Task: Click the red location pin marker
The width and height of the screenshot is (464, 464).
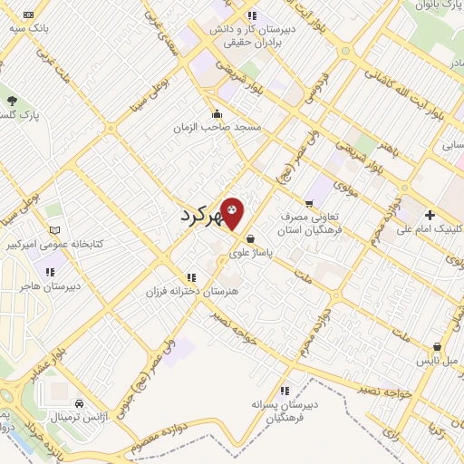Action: pos(233,212)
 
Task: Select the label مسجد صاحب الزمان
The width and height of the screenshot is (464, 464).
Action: pos(217,128)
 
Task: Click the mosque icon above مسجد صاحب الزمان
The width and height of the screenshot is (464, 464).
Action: pos(217,114)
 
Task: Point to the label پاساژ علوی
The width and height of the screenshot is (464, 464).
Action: pos(248,251)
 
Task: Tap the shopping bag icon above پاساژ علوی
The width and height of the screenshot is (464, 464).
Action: pos(249,238)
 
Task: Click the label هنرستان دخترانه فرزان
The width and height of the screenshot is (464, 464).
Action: pos(189,292)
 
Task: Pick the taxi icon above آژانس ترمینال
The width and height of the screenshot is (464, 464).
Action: pos(80,402)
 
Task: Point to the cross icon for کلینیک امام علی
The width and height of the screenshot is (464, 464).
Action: pos(430,214)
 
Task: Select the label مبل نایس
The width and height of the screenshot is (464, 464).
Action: pos(439,359)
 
